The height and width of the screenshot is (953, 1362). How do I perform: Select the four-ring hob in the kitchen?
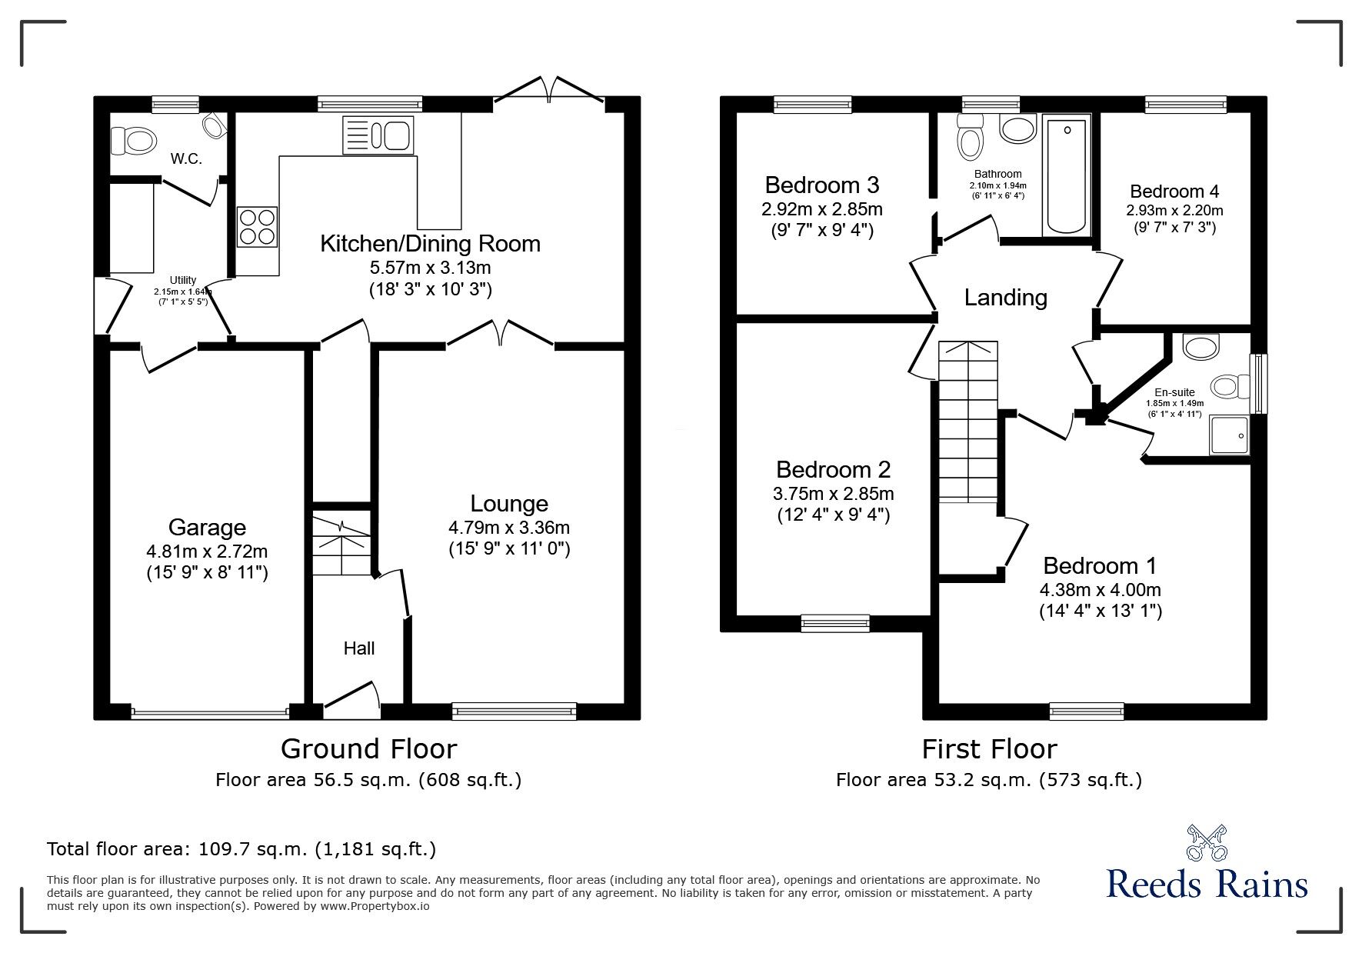tap(257, 227)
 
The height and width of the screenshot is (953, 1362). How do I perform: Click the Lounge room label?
tap(509, 504)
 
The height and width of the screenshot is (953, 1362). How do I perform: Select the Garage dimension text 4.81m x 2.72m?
tap(206, 551)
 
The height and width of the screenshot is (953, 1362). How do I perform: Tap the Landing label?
tap(1005, 298)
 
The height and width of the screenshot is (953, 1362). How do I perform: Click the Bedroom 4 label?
tap(1174, 192)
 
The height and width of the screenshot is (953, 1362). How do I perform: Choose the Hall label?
tap(358, 648)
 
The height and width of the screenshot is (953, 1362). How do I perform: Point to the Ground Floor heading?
tap(368, 748)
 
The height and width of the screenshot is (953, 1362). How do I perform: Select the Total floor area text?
tap(241, 849)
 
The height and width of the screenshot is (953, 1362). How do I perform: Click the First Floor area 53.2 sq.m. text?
tap(988, 780)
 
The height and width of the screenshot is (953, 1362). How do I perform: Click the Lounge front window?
tap(514, 711)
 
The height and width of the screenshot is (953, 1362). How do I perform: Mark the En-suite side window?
tap(1258, 383)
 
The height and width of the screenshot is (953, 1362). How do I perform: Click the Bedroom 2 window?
tap(834, 623)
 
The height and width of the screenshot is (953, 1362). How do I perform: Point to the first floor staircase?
tap(967, 423)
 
